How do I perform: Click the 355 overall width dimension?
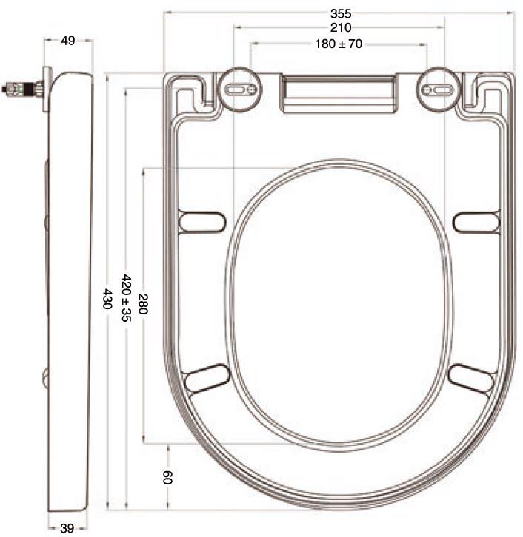pos(342,13)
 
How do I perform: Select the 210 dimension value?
pos(342,28)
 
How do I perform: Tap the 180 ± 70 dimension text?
pos(339,44)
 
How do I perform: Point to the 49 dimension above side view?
pos(68,41)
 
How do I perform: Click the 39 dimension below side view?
pos(67,527)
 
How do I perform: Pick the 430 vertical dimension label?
pos(108,298)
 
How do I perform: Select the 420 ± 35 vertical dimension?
pos(127,298)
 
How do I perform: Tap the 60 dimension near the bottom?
pos(168,477)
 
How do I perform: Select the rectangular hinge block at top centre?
pos(338,94)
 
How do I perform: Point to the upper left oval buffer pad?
pos(202,221)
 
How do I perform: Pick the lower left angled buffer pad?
pos(207,378)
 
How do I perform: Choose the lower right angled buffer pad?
pos(470,378)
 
